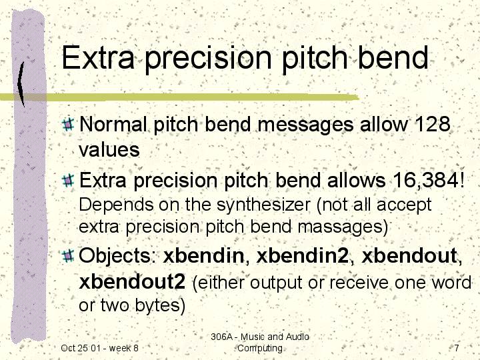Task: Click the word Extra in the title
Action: pyautogui.click(x=98, y=57)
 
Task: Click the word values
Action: pyautogui.click(x=109, y=150)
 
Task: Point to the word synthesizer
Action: pyautogui.click(x=263, y=205)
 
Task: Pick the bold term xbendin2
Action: pyautogui.click(x=303, y=255)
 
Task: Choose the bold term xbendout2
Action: pyautogui.click(x=132, y=282)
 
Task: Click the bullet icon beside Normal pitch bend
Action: pyautogui.click(x=68, y=124)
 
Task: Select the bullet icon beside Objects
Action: pyautogui.click(x=68, y=256)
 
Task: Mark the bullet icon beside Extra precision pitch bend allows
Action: pyautogui.click(x=68, y=181)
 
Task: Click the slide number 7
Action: pyautogui.click(x=457, y=348)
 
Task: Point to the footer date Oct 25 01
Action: pyautogui.click(x=79, y=348)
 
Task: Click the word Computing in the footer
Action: pyautogui.click(x=260, y=349)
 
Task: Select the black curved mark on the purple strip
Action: pyautogui.click(x=20, y=84)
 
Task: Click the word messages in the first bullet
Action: pyautogui.click(x=305, y=125)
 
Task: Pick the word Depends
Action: pyautogui.click(x=116, y=205)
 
